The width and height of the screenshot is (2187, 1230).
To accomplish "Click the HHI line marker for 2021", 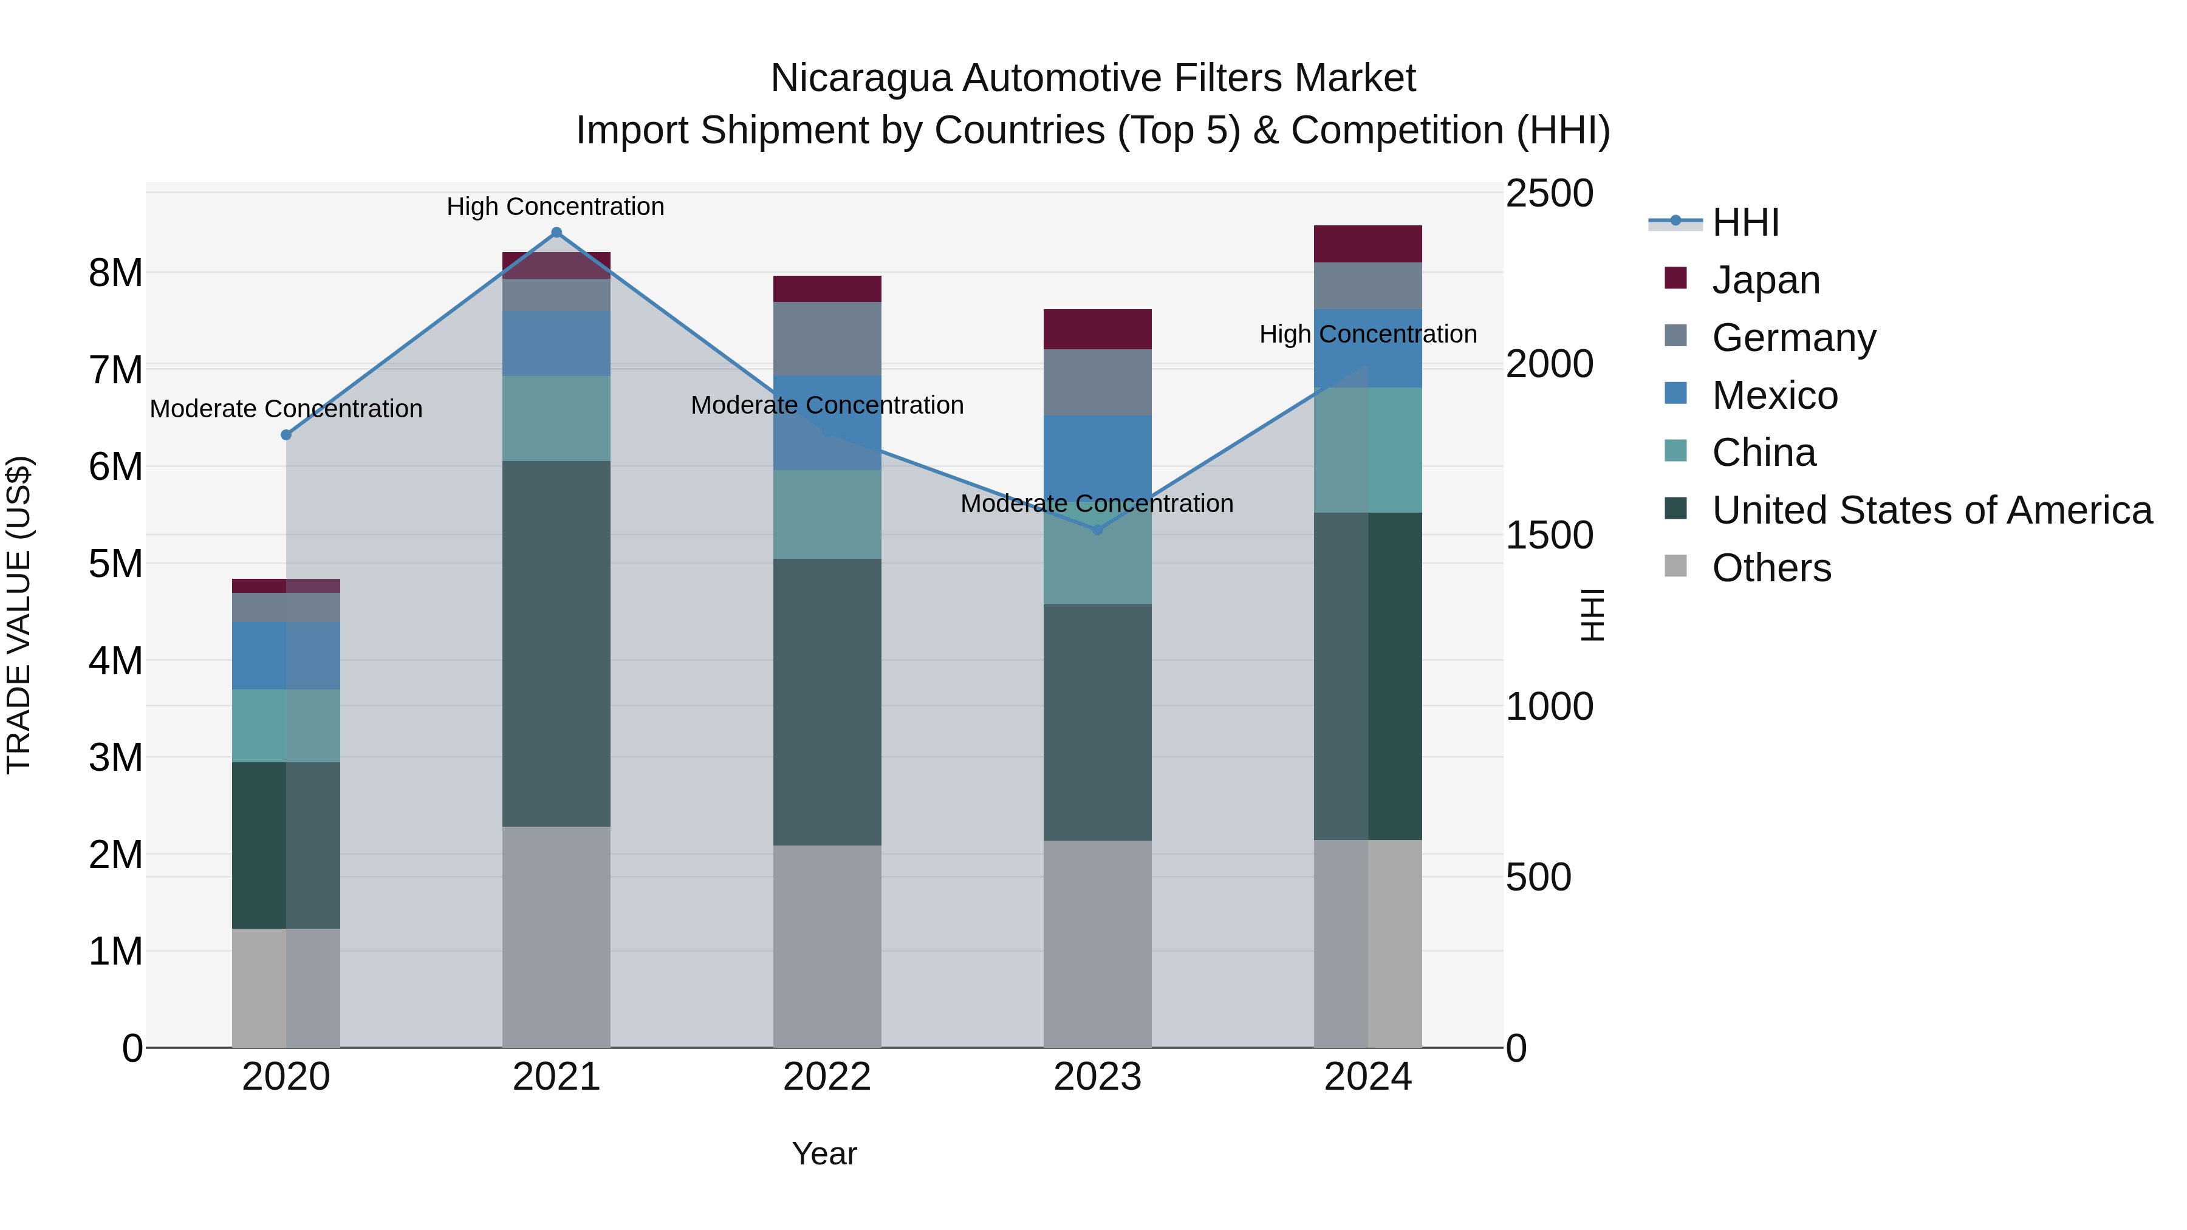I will point(556,233).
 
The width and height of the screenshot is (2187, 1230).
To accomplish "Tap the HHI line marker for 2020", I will point(286,435).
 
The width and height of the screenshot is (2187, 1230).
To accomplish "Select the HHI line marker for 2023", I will point(1097,530).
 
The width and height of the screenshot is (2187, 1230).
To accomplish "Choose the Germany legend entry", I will point(1793,337).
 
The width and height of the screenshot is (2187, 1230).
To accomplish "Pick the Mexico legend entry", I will point(1775,395).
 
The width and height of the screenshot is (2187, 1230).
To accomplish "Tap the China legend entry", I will point(1764,453).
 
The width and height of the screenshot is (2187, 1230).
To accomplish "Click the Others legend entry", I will point(1771,568).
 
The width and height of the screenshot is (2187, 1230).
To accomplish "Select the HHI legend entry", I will point(1745,222).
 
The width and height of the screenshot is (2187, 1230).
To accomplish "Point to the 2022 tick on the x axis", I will point(827,1077).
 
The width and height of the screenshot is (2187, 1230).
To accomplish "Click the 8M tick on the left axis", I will point(115,273).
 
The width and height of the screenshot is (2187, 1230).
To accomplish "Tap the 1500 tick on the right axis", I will point(1549,536).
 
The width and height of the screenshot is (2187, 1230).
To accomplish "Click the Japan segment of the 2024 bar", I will point(1367,244).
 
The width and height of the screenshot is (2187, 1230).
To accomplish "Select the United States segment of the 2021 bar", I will point(556,643).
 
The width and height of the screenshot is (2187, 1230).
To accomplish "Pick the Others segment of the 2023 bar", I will point(1097,944).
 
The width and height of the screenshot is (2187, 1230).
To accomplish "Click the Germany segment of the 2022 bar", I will point(827,339).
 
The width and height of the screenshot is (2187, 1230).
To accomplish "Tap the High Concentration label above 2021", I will point(555,207).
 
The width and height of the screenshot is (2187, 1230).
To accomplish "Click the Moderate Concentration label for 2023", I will point(1097,504).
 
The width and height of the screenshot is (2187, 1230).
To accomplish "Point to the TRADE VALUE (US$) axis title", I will point(19,615).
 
